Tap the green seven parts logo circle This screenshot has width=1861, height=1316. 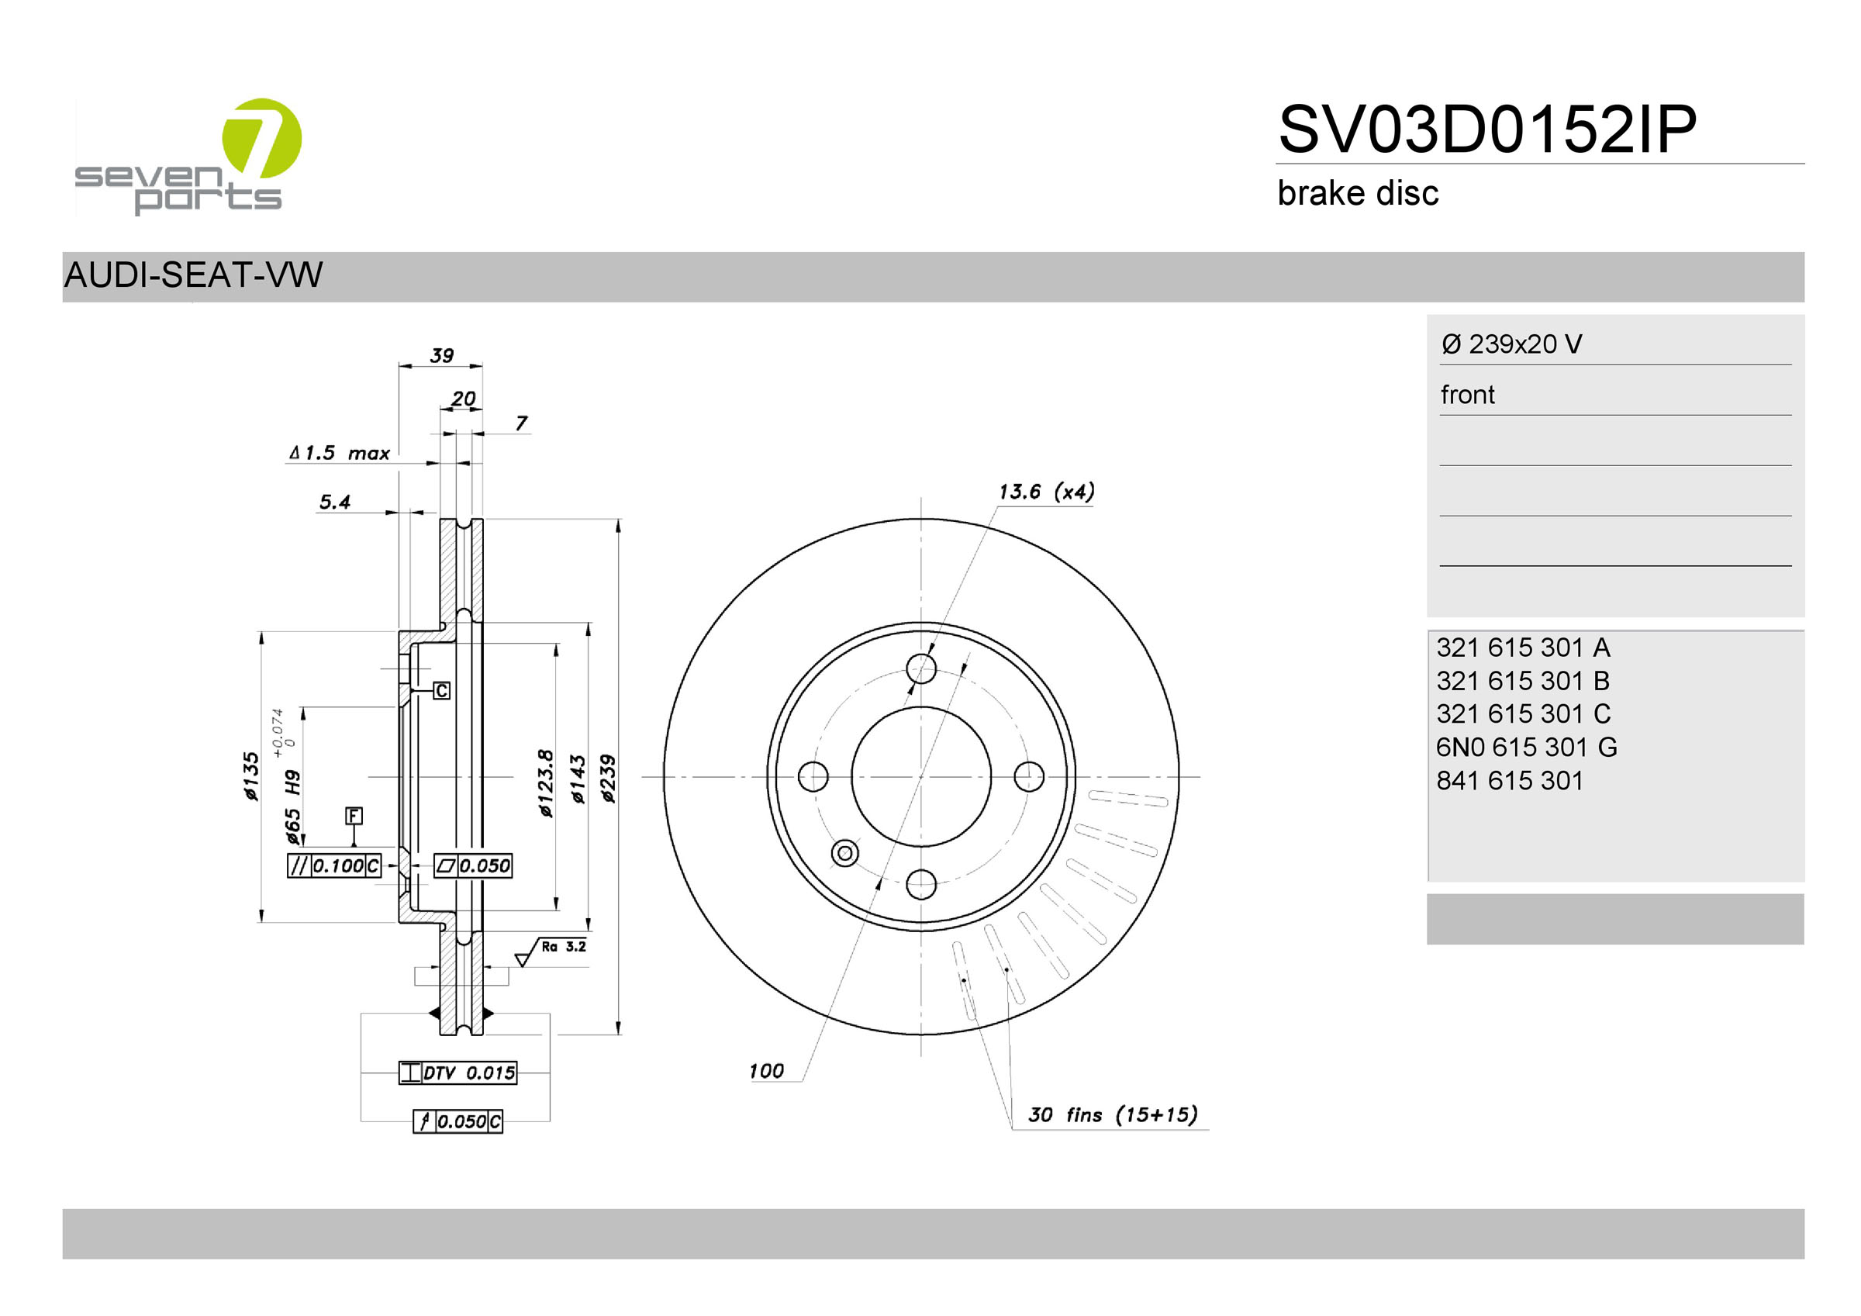[262, 138]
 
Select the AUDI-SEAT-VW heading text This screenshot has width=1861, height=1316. [193, 275]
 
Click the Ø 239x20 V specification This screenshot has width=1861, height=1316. [1511, 344]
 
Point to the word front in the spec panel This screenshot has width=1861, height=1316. [1467, 395]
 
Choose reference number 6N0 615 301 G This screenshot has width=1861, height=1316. [1526, 747]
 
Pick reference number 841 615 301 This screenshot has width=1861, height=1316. [1509, 780]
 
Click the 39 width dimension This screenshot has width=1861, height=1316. [442, 355]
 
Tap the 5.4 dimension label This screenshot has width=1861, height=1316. [335, 502]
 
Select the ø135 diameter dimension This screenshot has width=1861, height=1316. [251, 776]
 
